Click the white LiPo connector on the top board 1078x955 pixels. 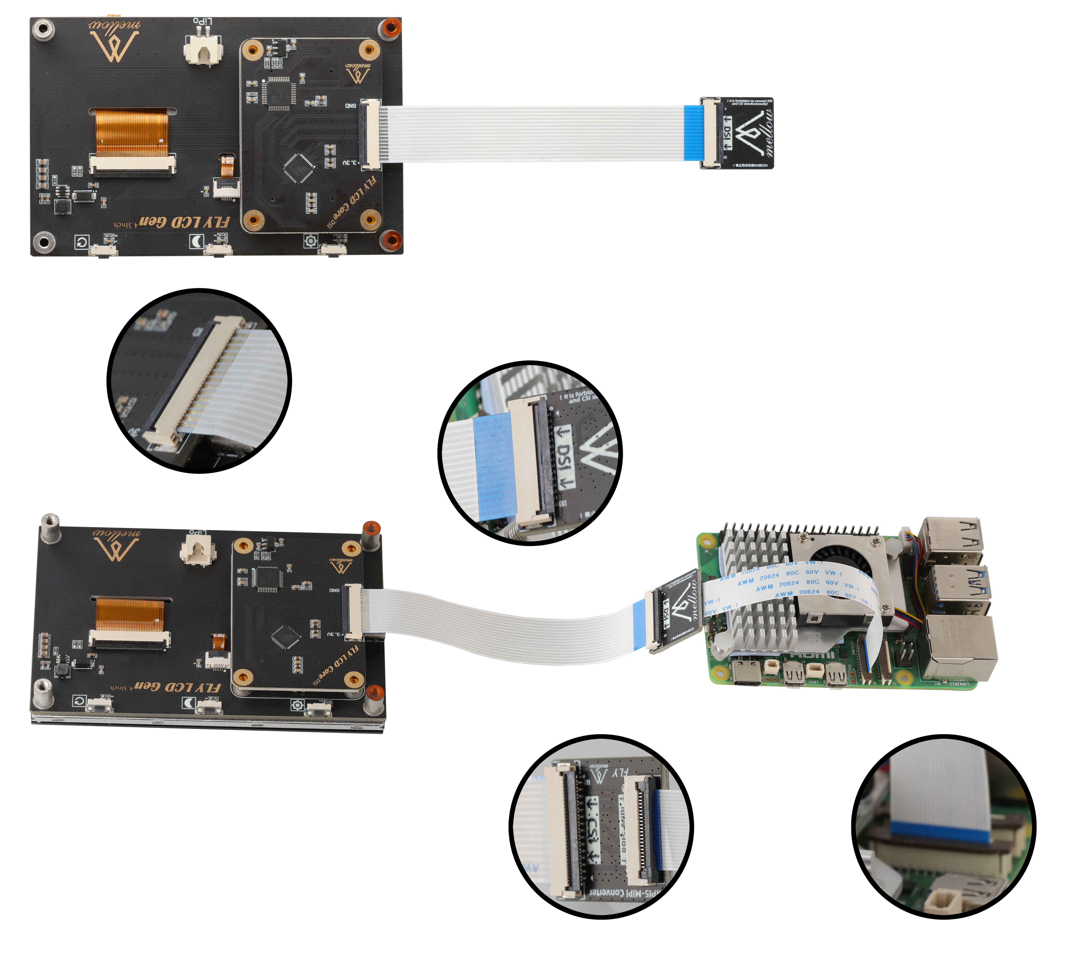203,50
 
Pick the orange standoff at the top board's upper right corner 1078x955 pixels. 390,27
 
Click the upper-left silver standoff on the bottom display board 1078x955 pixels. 50,528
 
